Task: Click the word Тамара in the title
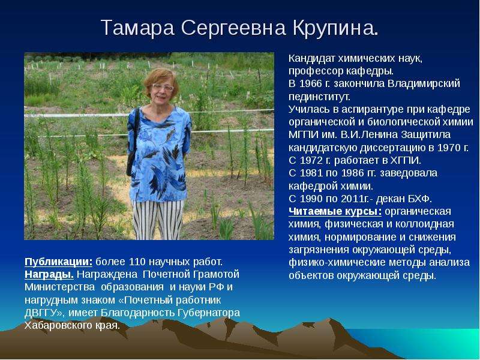[137, 28]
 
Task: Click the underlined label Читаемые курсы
[335, 212]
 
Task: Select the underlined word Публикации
[58, 262]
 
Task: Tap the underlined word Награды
[49, 274]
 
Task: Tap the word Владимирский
[424, 84]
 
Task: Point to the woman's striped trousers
[157, 220]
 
